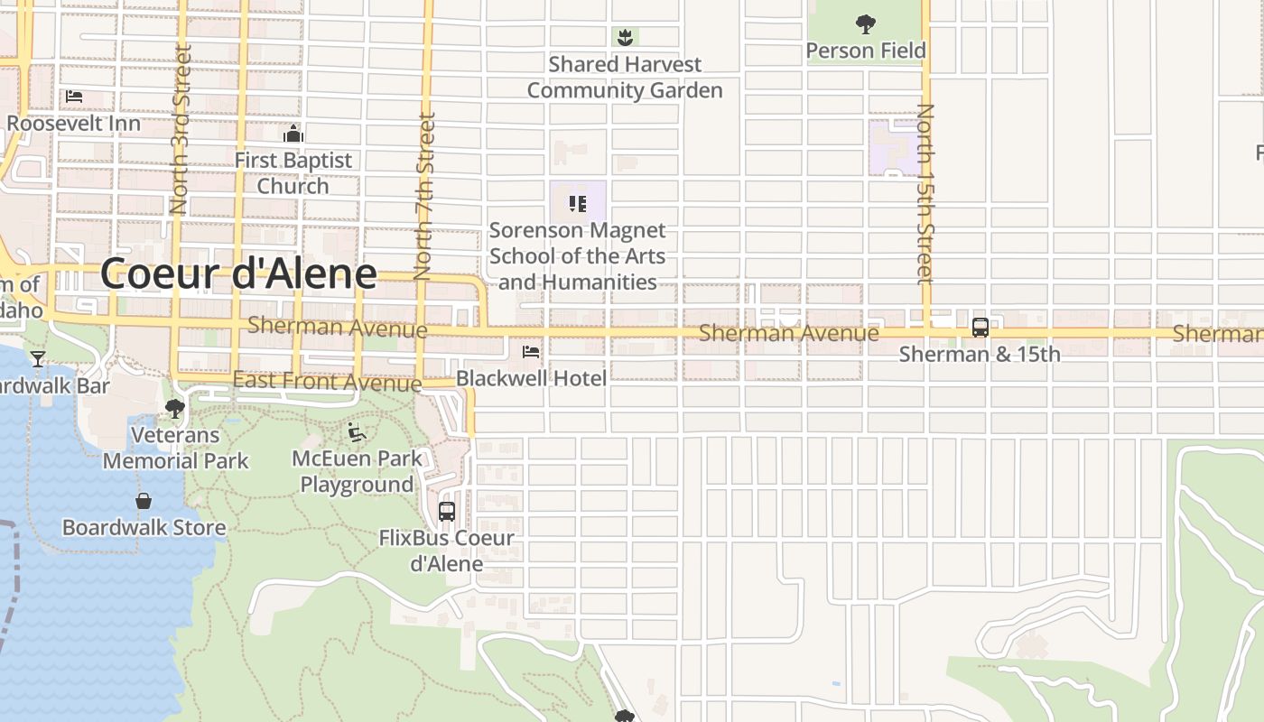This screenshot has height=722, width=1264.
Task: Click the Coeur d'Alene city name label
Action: tap(238, 273)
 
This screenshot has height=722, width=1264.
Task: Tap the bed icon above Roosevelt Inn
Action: tap(74, 96)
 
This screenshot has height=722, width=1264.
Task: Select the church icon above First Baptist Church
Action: tap(293, 134)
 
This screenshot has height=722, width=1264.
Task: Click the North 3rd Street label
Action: tap(181, 131)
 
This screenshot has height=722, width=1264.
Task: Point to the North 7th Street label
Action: tap(424, 195)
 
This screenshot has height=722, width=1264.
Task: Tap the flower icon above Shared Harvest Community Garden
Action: tap(624, 37)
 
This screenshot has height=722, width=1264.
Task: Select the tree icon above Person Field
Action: tap(865, 23)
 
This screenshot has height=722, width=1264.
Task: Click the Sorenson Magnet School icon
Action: tap(578, 203)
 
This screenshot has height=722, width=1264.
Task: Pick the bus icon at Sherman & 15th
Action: tap(981, 328)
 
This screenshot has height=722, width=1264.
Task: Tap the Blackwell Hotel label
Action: tap(531, 377)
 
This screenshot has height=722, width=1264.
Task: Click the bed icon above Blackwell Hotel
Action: tap(531, 351)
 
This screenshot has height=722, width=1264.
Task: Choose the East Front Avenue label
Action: tap(327, 381)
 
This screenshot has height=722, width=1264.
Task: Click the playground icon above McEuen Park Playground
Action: tap(357, 432)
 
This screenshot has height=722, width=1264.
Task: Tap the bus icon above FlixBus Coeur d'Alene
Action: tap(446, 512)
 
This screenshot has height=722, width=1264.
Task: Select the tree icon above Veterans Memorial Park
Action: tap(175, 410)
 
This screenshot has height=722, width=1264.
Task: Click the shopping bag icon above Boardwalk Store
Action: tap(144, 501)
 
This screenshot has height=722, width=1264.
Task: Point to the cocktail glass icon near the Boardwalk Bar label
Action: tap(37, 359)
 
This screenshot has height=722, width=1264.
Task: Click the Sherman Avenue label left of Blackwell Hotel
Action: tap(337, 326)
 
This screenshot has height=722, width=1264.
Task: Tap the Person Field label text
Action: tap(865, 51)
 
